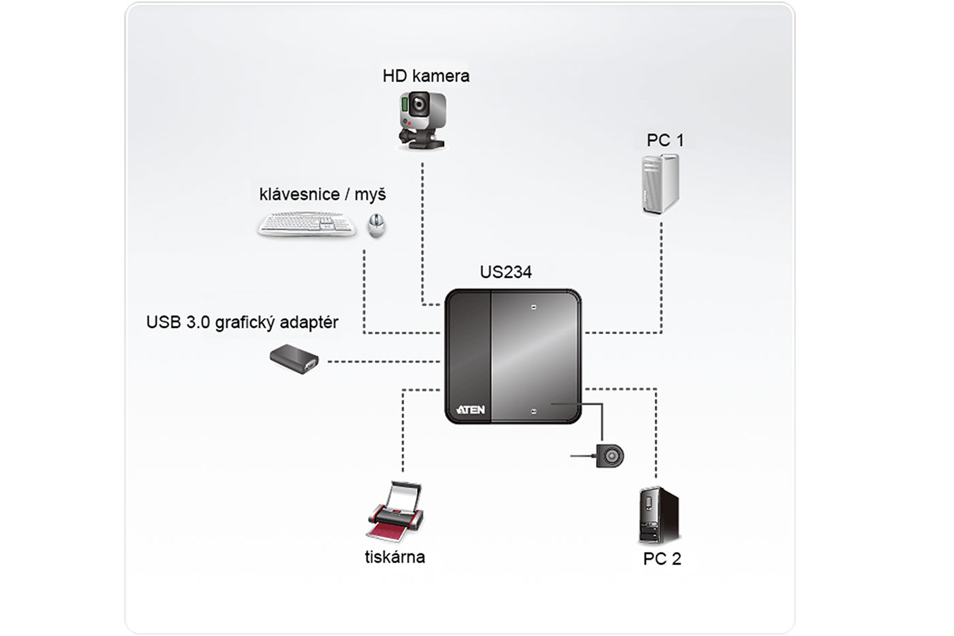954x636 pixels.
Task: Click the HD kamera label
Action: click(426, 76)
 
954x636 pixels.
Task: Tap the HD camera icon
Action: click(422, 120)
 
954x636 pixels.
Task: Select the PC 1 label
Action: click(664, 140)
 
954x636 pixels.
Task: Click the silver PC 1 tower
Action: click(660, 183)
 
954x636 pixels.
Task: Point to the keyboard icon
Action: click(307, 224)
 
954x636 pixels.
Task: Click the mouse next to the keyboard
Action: click(376, 224)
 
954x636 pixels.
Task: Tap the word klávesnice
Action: click(299, 194)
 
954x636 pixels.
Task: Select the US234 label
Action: click(506, 272)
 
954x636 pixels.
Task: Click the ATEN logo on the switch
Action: click(470, 410)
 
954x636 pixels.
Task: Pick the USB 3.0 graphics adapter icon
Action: click(294, 359)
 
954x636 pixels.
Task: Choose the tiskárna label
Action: click(395, 557)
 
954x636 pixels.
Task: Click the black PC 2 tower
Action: click(659, 515)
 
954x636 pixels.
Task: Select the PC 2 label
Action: click(662, 559)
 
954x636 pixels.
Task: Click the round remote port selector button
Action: click(610, 455)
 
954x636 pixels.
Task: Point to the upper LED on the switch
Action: click(534, 307)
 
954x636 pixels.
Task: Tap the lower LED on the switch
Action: click(534, 411)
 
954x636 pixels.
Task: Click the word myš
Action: click(370, 195)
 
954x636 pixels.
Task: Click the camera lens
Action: click(420, 105)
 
